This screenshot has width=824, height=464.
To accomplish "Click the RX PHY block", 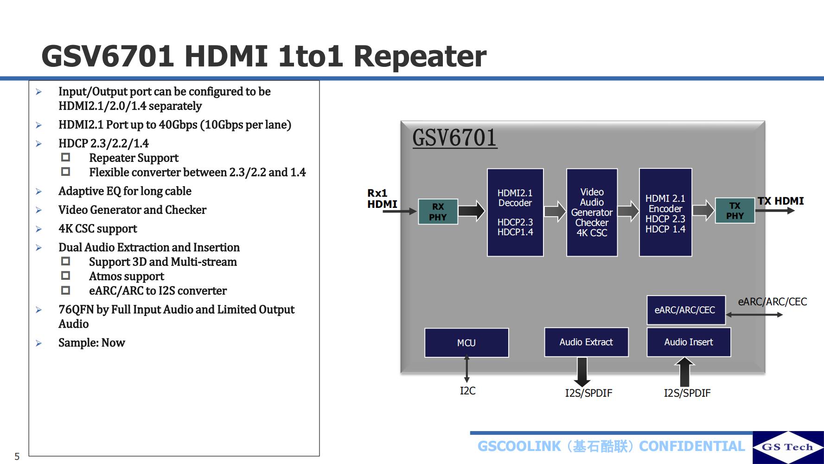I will pyautogui.click(x=438, y=212).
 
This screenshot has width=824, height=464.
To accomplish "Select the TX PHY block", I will pyautogui.click(x=735, y=211).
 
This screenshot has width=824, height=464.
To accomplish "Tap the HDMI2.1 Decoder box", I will pyautogui.click(x=515, y=212).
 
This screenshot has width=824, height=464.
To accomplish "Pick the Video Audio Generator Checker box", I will pyautogui.click(x=592, y=212).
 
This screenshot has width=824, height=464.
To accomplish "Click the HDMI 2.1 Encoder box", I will pyautogui.click(x=665, y=212).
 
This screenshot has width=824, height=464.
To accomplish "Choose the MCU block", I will pyautogui.click(x=466, y=342).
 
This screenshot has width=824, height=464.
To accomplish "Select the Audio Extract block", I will pyautogui.click(x=586, y=342).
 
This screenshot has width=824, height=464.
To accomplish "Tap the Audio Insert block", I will pyautogui.click(x=689, y=342).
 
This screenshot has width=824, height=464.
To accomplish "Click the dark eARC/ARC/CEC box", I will pyautogui.click(x=685, y=310).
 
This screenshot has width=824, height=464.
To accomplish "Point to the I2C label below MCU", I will pyautogui.click(x=467, y=391).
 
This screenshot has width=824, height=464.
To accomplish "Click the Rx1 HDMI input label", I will pyautogui.click(x=382, y=199).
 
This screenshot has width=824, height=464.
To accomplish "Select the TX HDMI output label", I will pyautogui.click(x=780, y=201).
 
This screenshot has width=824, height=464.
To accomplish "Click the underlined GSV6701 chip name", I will pyautogui.click(x=454, y=138).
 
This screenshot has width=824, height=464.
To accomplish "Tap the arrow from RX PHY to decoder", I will pyautogui.click(x=472, y=211).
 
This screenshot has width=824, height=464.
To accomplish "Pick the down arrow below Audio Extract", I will pyautogui.click(x=581, y=371).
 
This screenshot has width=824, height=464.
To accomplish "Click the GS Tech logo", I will pyautogui.click(x=787, y=447).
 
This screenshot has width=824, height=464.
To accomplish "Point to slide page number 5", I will pyautogui.click(x=17, y=456).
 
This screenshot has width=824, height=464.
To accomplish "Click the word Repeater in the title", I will pyautogui.click(x=420, y=56).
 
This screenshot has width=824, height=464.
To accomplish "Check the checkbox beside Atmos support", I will pyautogui.click(x=66, y=276).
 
